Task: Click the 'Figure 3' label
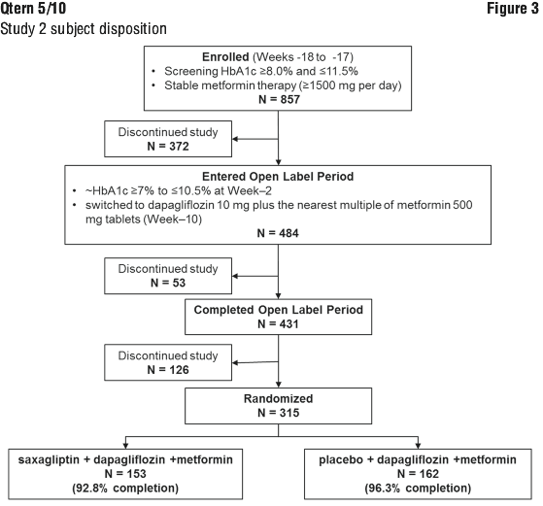(513, 9)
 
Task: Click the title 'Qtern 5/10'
(33, 9)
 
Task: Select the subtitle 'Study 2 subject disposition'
(84, 29)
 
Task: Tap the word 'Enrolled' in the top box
(225, 56)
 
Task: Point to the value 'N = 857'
(279, 99)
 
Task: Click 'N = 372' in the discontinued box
(168, 146)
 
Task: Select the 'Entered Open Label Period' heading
(278, 177)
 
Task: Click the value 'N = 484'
(278, 233)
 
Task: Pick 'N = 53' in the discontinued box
(168, 283)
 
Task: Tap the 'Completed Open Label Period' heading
(279, 310)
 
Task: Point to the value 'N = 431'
(278, 323)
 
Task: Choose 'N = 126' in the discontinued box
(168, 369)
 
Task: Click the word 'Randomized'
(278, 398)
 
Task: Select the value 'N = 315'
(278, 413)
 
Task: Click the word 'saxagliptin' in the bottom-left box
(49, 460)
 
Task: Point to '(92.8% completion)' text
(125, 488)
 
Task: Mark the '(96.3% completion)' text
(418, 488)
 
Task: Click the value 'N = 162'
(418, 473)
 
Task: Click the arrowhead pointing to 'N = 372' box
(235, 139)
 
